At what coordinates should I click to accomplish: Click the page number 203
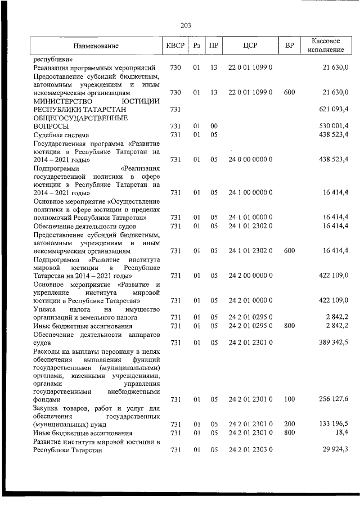click(x=186, y=25)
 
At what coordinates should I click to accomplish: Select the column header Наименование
click(x=96, y=45)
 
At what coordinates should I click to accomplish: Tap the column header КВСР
click(x=175, y=45)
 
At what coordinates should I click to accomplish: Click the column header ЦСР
click(x=250, y=45)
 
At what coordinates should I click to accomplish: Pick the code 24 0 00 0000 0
click(x=250, y=160)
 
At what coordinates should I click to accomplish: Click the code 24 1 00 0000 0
click(x=250, y=193)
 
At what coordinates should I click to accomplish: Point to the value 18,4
click(x=341, y=433)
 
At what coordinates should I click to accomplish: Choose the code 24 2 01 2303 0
click(x=250, y=449)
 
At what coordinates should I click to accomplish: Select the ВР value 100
click(x=289, y=399)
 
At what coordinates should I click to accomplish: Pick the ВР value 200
click(x=289, y=424)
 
